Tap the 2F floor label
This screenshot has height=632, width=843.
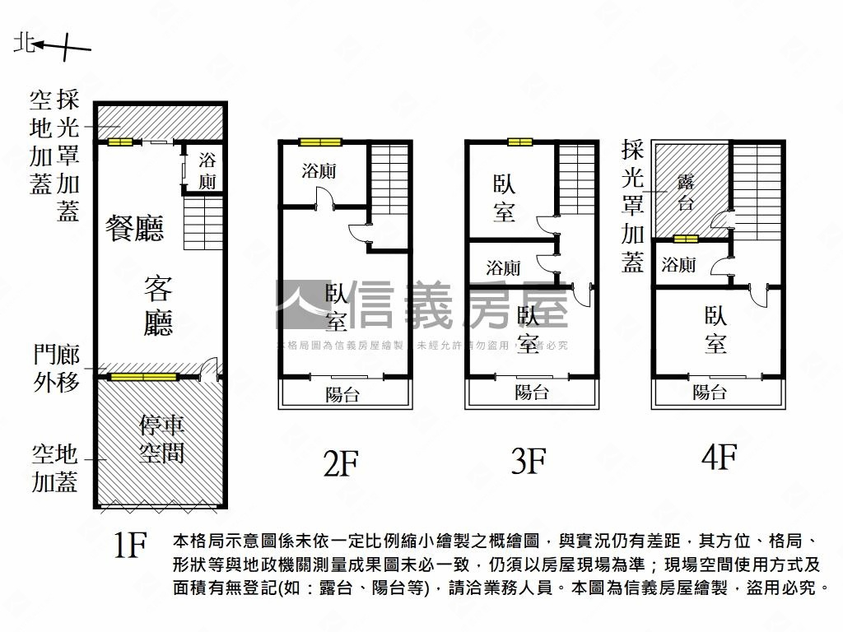coord(340,462)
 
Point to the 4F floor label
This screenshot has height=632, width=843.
coord(718,457)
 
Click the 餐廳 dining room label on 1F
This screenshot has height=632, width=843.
coord(135,228)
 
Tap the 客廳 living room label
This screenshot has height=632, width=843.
coord(157,306)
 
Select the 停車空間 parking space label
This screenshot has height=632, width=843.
coord(161,439)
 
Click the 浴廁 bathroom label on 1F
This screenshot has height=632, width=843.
coord(207,170)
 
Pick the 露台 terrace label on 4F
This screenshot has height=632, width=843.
coord(685,192)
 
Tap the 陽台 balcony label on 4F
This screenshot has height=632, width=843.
coord(710,393)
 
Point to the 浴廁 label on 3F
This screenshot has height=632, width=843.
coord(502,267)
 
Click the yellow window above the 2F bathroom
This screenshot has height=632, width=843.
coord(320,142)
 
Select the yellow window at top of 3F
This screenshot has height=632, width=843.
coord(519,142)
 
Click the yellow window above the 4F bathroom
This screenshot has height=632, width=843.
coord(685,239)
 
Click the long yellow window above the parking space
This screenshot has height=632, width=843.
coord(145,378)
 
